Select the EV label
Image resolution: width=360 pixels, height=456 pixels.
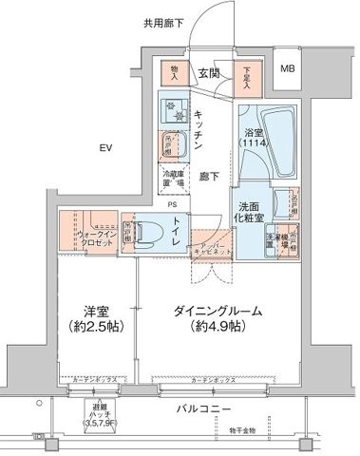(x=105, y=147)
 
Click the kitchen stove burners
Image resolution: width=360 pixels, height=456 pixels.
(x=174, y=107)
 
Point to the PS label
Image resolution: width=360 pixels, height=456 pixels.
(x=173, y=202)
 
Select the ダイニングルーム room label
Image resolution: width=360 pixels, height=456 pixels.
(x=218, y=318)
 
